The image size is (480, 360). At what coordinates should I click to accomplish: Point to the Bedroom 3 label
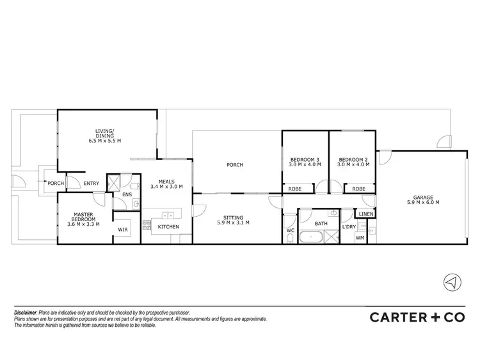[305, 162]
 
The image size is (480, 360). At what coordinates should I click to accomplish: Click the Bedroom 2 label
[351, 162]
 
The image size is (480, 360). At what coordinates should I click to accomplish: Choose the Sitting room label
[232, 220]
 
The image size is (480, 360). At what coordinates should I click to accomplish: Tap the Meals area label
[166, 184]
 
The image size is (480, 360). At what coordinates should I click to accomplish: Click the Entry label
[92, 184]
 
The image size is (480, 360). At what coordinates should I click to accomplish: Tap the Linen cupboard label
[365, 214]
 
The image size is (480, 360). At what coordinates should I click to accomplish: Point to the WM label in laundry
[360, 237]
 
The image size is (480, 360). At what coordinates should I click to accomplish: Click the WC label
[290, 230]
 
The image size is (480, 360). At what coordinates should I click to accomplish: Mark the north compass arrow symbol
[452, 282]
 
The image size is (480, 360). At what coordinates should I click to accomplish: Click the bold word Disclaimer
[26, 312]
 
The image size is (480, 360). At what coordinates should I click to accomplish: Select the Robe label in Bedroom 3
[295, 189]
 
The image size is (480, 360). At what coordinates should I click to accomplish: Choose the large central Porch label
[235, 165]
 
